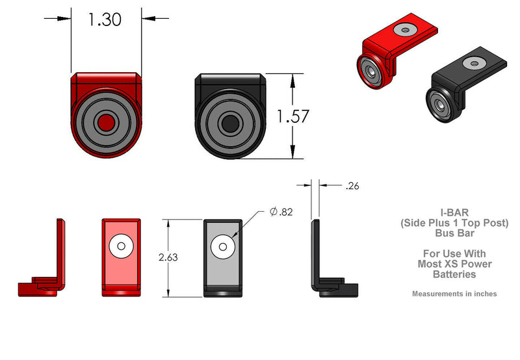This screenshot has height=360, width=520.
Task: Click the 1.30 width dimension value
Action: coord(105,19)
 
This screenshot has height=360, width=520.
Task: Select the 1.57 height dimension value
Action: coord(292,117)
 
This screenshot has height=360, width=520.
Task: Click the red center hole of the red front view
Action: coord(105,122)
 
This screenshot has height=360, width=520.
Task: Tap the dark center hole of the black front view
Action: coord(229,123)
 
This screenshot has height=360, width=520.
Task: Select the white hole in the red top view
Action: coord(120,246)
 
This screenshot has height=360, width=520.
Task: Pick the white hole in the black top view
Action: coord(223,246)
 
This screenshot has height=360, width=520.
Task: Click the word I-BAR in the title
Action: coord(454,212)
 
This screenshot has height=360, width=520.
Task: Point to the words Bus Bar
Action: coord(454,233)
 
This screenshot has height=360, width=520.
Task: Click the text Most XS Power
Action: coord(454,264)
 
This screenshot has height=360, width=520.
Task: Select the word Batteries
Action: coord(454,274)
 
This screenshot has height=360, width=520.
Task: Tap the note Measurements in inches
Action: coord(454,294)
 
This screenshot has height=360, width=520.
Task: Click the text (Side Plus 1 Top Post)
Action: coord(454,222)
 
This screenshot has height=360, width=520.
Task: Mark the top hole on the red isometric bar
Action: coord(406,29)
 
